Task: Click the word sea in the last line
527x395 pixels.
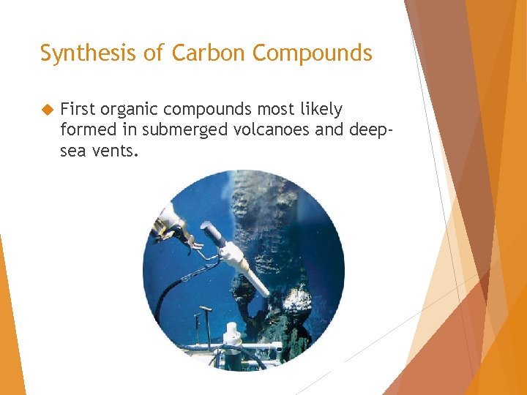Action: pos(72,151)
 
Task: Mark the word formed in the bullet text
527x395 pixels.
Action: pos(83,130)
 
